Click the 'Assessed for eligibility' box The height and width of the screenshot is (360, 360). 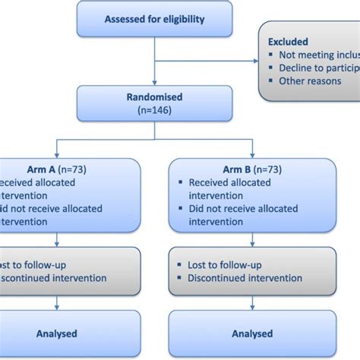[x=155, y=20]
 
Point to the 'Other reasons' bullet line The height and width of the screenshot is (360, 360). [x=310, y=81]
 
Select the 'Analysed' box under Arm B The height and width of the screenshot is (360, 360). [x=251, y=333]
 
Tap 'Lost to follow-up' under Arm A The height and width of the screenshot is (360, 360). [x=30, y=265]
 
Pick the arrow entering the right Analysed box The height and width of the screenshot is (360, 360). [x=251, y=305]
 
